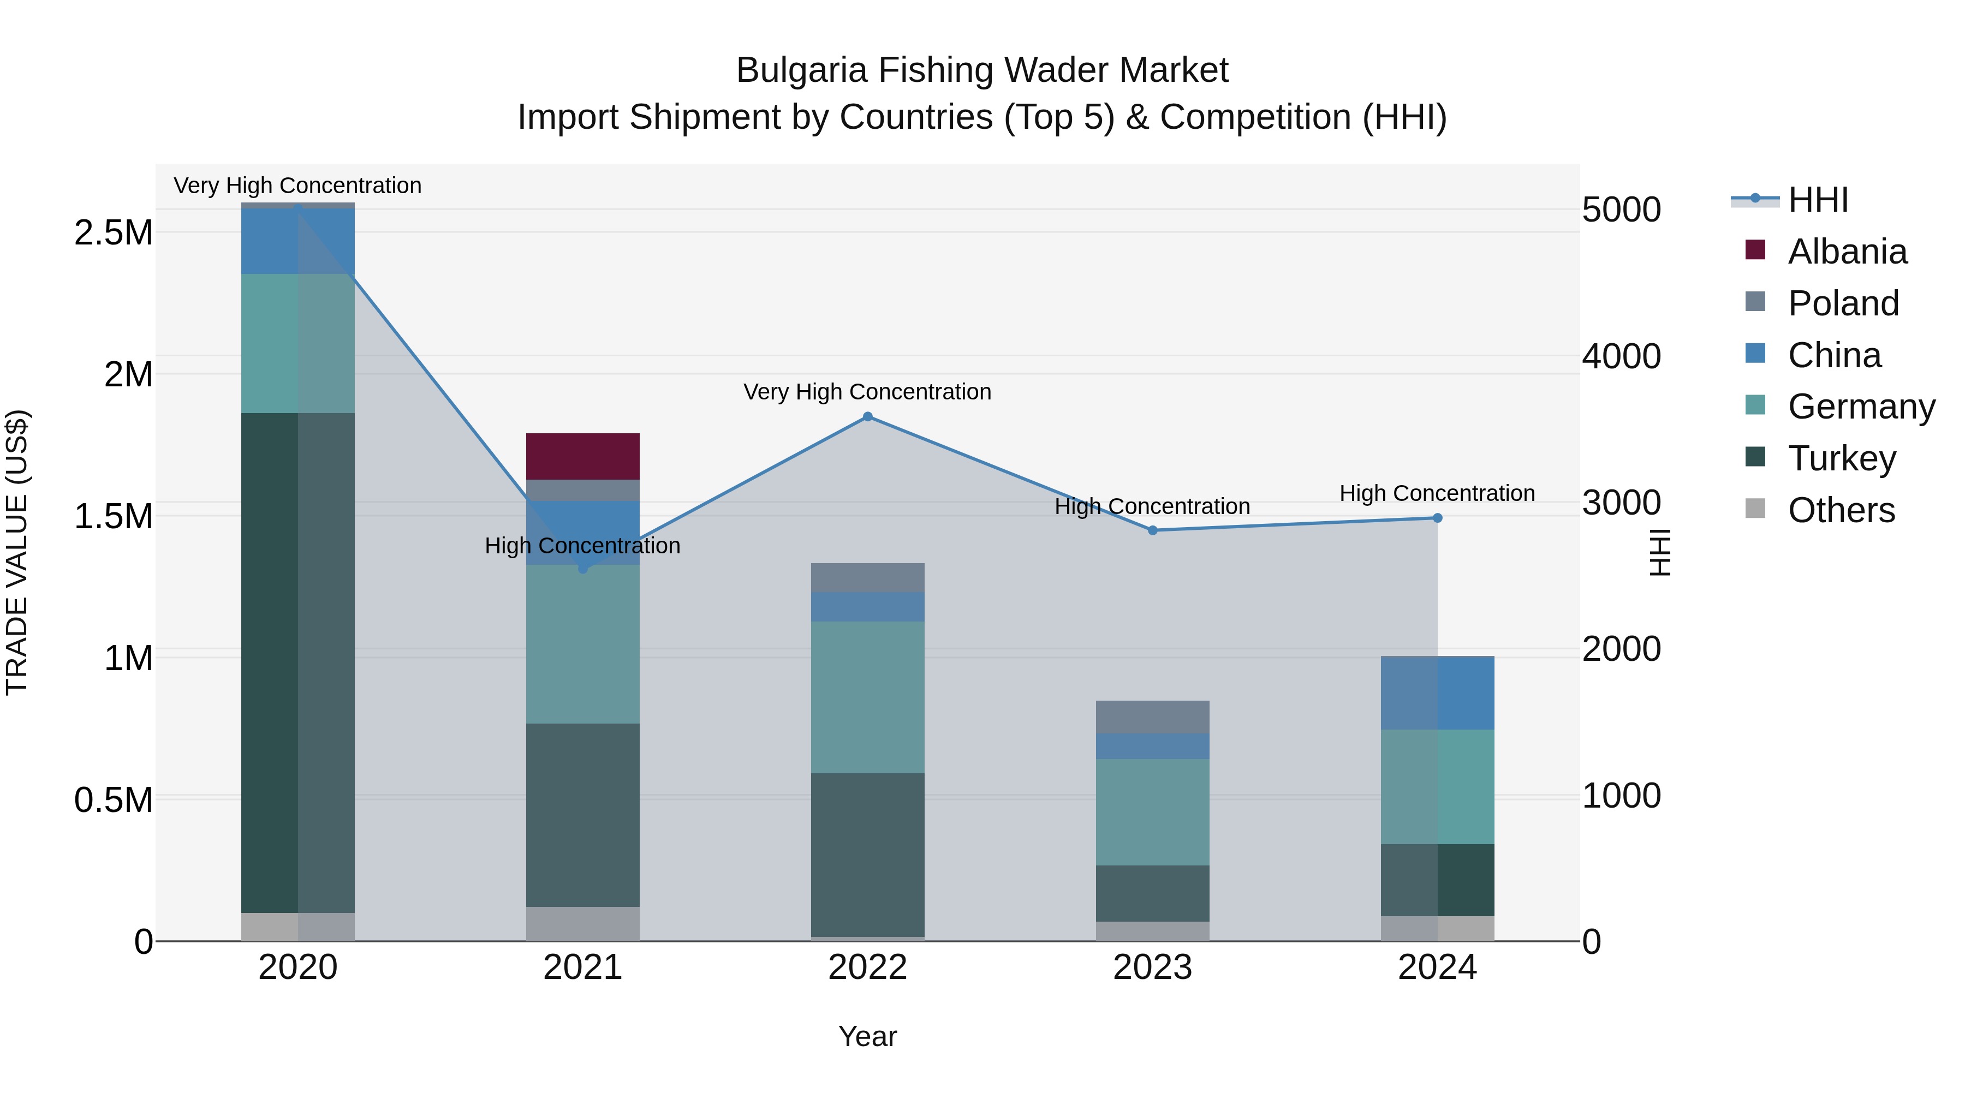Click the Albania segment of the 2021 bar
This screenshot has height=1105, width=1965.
(x=583, y=456)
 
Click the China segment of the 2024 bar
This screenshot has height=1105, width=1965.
(x=1437, y=692)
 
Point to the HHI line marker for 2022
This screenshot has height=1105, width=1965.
(x=867, y=417)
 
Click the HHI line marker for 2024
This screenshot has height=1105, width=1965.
(x=1437, y=518)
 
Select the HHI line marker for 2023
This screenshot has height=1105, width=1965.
(x=1153, y=530)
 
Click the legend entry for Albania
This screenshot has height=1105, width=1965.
(x=1846, y=252)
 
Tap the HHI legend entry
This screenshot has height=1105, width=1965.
(x=1817, y=200)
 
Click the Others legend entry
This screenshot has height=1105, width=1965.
(x=1840, y=510)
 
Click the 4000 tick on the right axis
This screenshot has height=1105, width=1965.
(x=1622, y=356)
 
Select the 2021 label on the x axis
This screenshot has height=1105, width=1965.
(x=583, y=967)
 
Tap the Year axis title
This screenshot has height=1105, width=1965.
(x=867, y=1036)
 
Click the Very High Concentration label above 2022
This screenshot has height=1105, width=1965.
(x=867, y=392)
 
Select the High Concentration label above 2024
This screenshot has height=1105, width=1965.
(x=1437, y=493)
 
